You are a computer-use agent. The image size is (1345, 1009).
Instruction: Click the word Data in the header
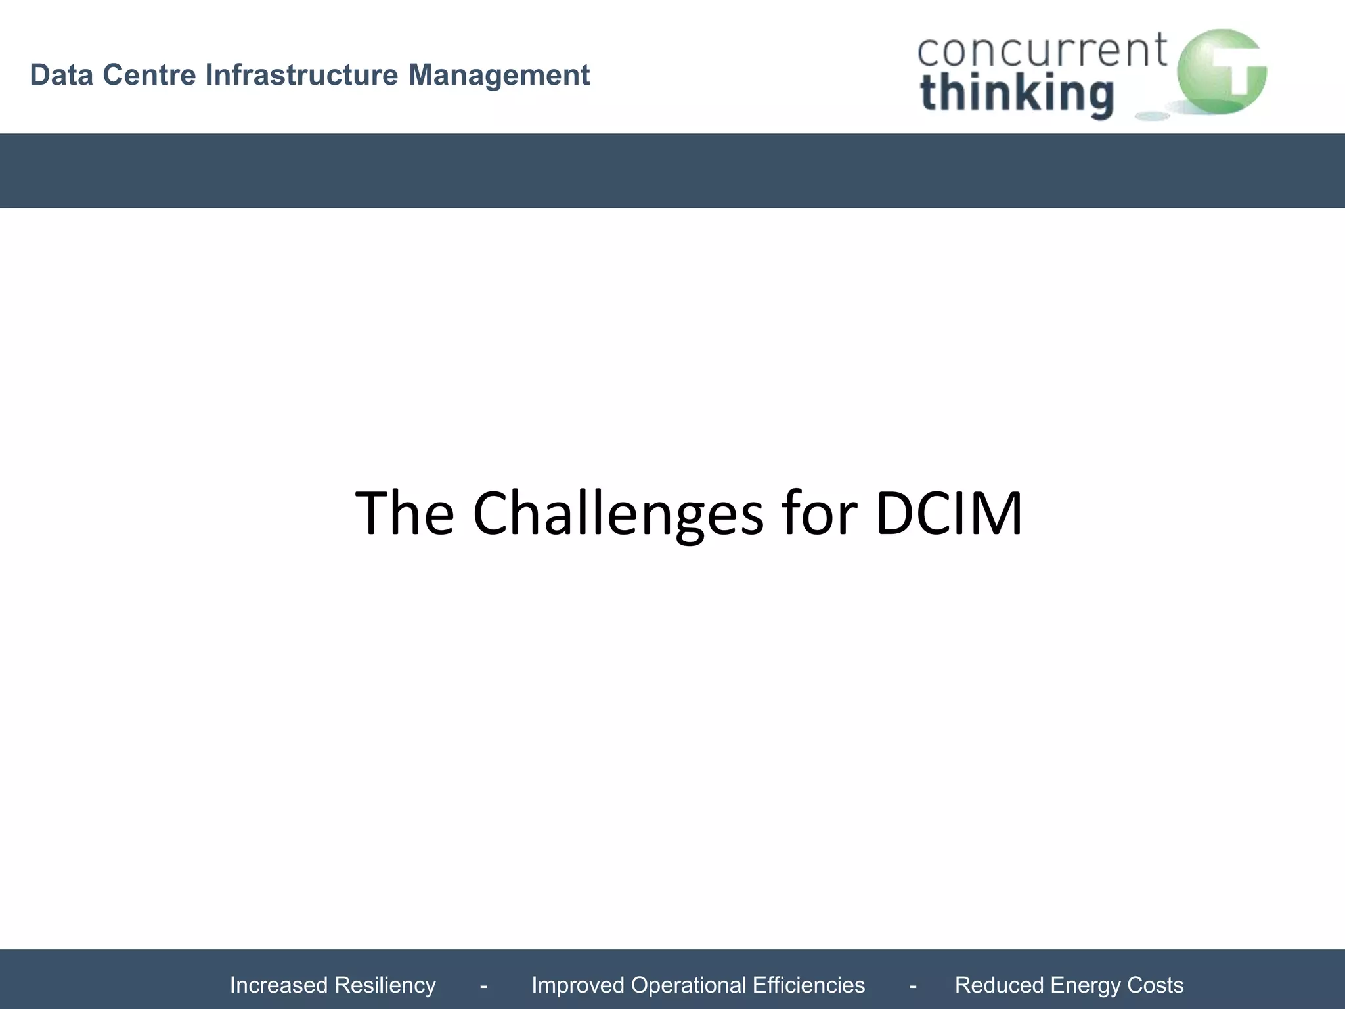pos(61,75)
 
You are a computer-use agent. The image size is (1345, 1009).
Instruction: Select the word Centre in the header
pos(149,75)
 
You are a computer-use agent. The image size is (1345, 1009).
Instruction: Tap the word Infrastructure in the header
pos(301,75)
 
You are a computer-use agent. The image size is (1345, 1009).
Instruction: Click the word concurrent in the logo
pos(1042,51)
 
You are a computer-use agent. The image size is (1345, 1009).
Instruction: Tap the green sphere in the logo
pos(1221,71)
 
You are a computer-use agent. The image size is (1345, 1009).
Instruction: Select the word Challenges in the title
pos(618,514)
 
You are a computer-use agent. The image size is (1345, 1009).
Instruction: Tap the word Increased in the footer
pos(278,985)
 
